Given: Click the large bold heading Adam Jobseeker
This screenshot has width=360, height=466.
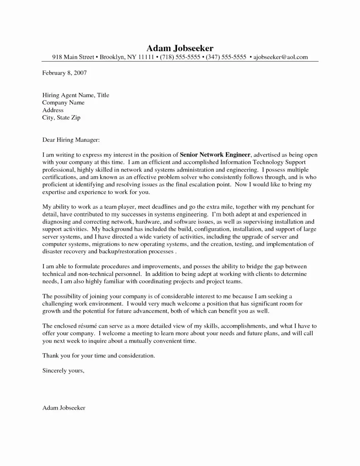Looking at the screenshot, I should tap(180, 48).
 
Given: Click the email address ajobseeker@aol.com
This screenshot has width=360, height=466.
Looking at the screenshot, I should tap(280, 57).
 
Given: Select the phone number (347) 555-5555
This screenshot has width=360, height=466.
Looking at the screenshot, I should tap(226, 57).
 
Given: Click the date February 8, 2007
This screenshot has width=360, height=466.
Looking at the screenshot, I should tap(64, 73).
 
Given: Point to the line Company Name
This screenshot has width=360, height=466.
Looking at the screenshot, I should tap(63, 102).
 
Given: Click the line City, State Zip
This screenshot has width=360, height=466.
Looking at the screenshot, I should tap(61, 118).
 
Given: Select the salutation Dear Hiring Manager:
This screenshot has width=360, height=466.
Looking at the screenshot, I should tap(71, 140).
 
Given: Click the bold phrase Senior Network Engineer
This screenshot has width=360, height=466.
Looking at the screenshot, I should tap(215, 155).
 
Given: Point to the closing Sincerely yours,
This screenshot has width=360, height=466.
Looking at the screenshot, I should tap(63, 370).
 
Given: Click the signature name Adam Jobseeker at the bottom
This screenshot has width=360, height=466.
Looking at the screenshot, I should tap(64, 408).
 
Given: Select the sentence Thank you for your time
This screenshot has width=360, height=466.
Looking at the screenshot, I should tap(99, 356).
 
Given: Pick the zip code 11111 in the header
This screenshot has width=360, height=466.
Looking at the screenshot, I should tap(146, 57).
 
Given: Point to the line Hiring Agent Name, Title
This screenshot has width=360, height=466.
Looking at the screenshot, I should tap(75, 95).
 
